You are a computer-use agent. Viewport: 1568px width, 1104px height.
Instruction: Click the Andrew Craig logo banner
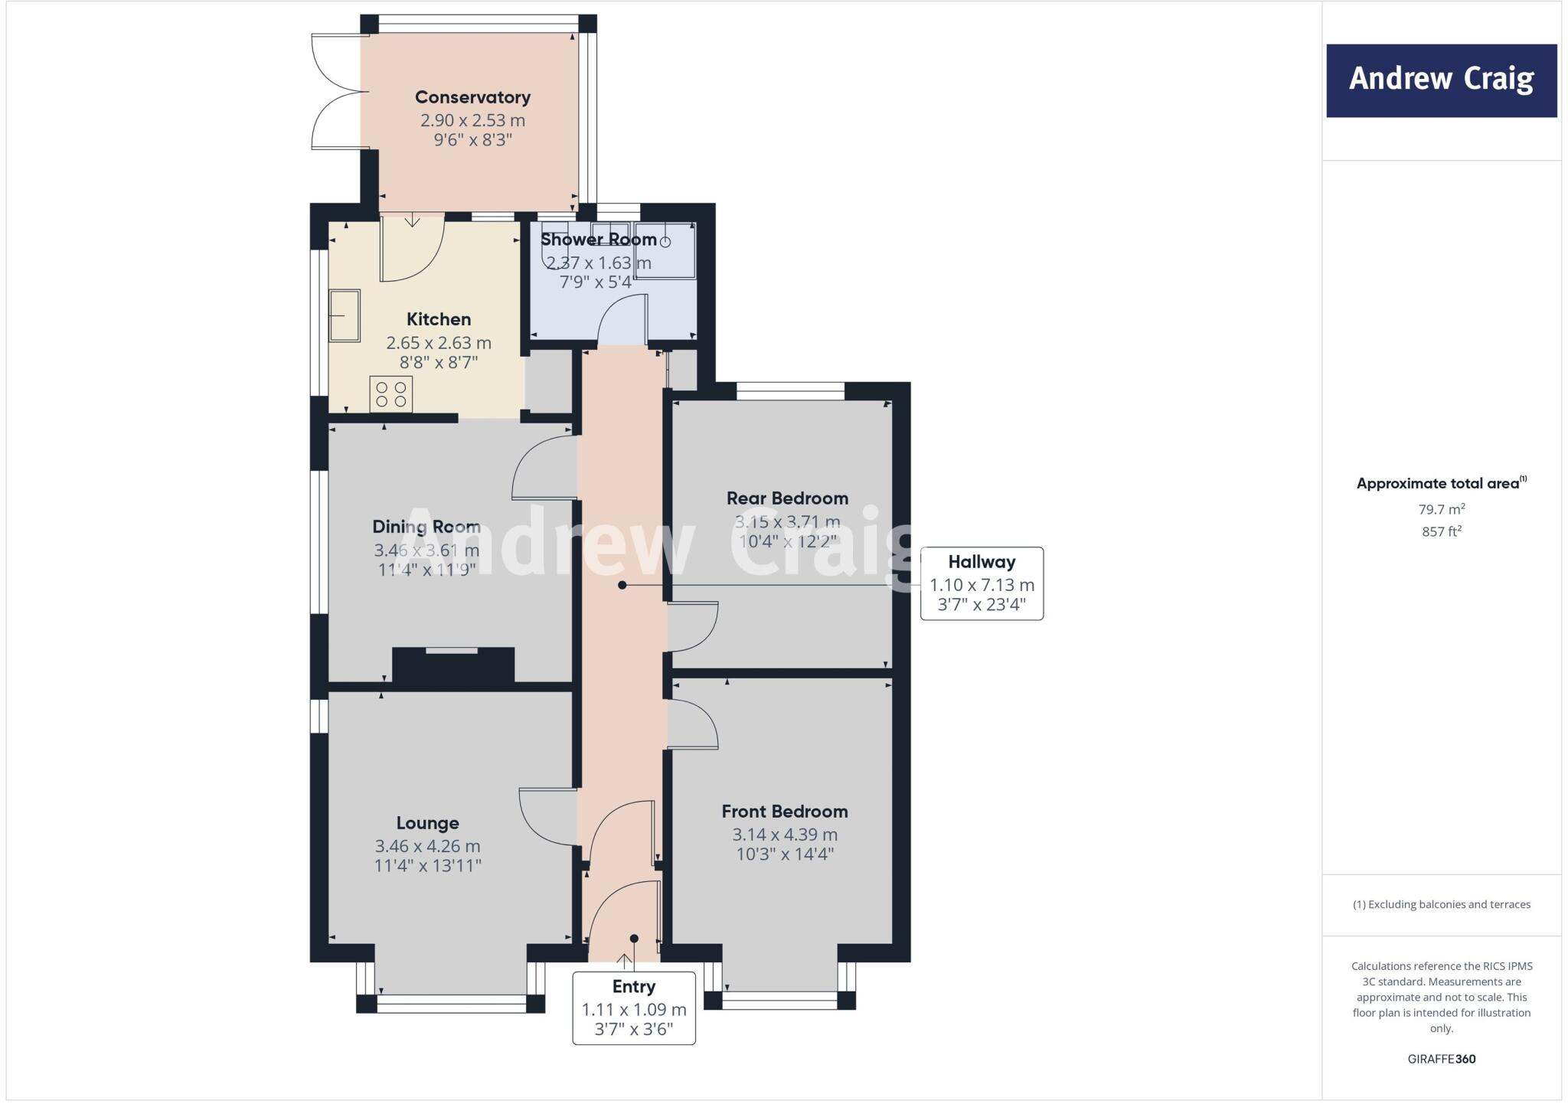(x=1441, y=80)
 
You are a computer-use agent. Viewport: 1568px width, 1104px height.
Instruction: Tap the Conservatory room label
(x=472, y=97)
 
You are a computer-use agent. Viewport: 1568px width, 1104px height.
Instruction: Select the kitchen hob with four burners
(x=390, y=394)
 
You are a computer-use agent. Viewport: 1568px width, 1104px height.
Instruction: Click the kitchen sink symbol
(x=345, y=315)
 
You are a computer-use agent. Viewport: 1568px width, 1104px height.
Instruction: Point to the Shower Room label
(x=599, y=240)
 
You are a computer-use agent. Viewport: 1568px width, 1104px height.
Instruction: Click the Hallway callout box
(x=982, y=583)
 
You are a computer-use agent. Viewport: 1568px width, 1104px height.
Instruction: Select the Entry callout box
(x=633, y=1007)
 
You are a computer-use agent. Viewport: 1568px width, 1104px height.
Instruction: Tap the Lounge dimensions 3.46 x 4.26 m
(x=427, y=846)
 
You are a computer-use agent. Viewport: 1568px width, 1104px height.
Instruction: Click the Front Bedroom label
(x=785, y=812)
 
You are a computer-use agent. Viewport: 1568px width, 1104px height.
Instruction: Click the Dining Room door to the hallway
(x=544, y=467)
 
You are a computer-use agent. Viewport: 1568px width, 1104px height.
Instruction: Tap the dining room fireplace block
(x=453, y=665)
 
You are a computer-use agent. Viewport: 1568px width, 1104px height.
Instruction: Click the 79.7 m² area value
(x=1442, y=509)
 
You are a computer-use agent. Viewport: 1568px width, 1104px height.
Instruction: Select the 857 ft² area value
(x=1442, y=531)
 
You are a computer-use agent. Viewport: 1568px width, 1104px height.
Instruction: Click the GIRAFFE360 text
(x=1442, y=1059)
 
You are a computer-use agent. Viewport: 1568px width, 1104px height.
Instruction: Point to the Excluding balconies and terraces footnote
(x=1442, y=904)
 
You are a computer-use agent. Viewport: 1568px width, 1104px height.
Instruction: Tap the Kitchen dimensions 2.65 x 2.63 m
(x=439, y=342)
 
